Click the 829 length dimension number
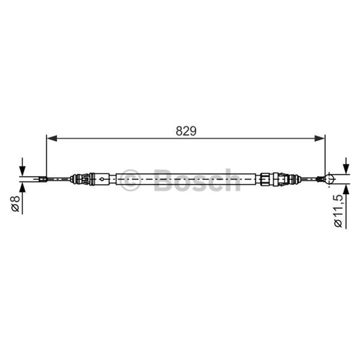pos(186,131)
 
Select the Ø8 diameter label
pos(16,203)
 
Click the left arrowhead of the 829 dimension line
pos(52,139)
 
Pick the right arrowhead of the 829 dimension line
pos(319,139)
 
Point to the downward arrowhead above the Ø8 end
pos(22,171)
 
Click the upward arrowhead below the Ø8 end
pos(22,188)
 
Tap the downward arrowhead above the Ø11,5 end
pos(346,169)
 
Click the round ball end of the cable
pos(329,179)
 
